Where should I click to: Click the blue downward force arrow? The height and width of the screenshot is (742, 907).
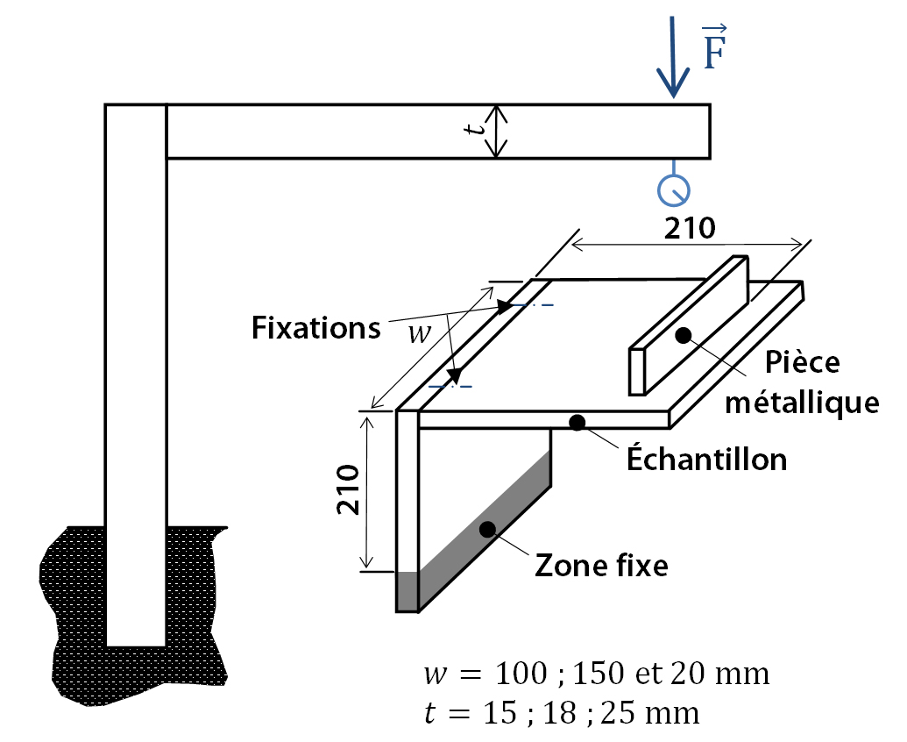pos(673,57)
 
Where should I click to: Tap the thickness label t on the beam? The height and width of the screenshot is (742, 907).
pos(476,128)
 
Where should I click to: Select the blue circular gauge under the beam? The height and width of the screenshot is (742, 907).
pos(673,189)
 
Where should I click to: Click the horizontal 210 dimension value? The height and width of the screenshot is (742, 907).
pos(690,228)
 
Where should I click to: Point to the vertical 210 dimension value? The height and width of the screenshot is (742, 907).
pos(348,489)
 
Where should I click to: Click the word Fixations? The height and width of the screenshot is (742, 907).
pos(315,328)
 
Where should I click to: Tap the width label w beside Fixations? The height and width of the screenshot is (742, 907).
pos(420,334)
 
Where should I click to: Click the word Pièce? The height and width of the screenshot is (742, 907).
pos(803,363)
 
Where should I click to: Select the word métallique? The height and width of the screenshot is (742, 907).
pos(803,403)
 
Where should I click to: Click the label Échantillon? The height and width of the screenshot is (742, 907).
pos(707,459)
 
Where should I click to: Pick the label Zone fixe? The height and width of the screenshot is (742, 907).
pos(601,566)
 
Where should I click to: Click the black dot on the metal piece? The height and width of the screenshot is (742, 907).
pos(684,335)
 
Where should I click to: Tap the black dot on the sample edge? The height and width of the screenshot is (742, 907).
pos(577,423)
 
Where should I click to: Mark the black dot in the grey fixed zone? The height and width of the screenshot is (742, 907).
pos(487,529)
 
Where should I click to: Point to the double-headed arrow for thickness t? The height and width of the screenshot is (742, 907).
pos(496,132)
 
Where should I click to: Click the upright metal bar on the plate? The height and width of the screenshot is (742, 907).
pos(688,326)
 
